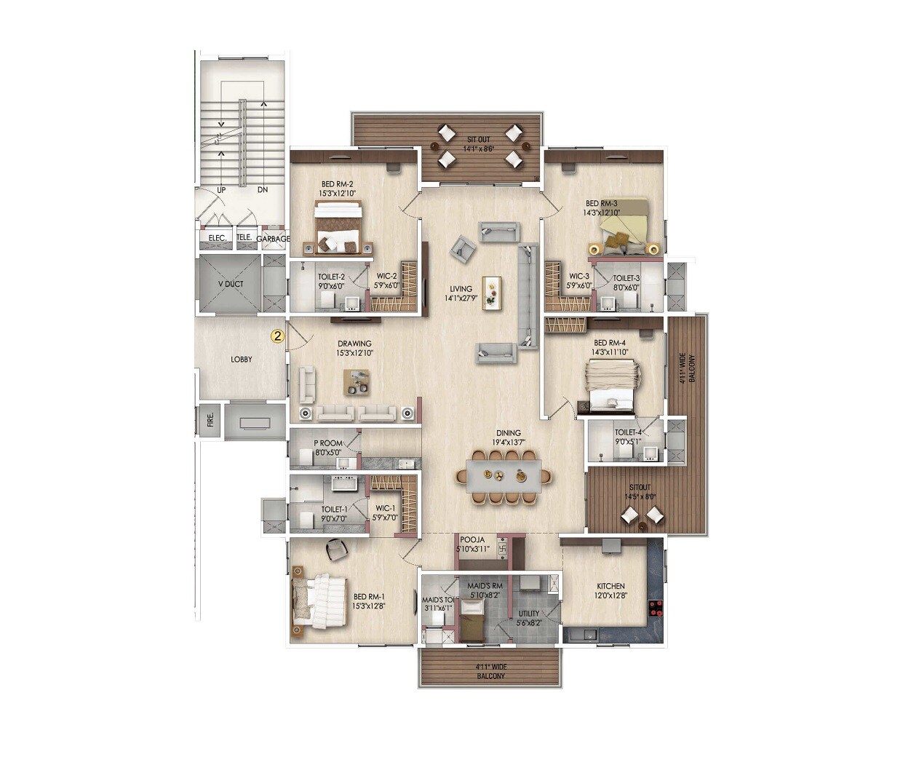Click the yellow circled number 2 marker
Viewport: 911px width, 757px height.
277,336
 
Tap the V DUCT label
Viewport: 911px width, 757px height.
230,285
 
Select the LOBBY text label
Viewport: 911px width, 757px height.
242,360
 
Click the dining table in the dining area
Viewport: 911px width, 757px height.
504,476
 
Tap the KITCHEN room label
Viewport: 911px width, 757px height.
610,586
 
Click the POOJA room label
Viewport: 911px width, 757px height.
472,539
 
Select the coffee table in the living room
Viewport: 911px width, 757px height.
493,293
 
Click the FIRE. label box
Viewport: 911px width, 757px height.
210,421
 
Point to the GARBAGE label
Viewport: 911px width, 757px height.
273,239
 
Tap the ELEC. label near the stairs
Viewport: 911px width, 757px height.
218,238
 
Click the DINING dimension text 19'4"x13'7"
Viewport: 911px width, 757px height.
509,442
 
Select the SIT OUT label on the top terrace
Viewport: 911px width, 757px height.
478,138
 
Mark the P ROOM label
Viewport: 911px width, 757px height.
327,443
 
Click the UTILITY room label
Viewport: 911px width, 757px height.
529,614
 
